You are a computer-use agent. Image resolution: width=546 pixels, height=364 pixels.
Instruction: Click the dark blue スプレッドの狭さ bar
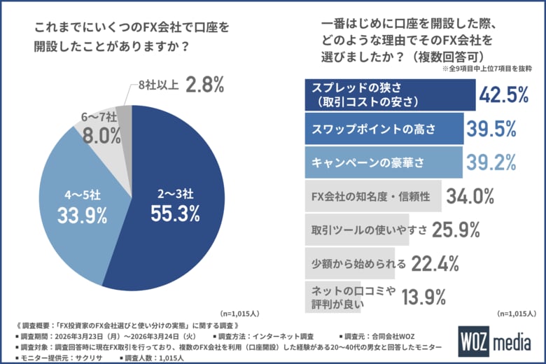389,94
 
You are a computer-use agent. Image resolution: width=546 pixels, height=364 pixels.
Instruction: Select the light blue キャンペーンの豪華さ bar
384,162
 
